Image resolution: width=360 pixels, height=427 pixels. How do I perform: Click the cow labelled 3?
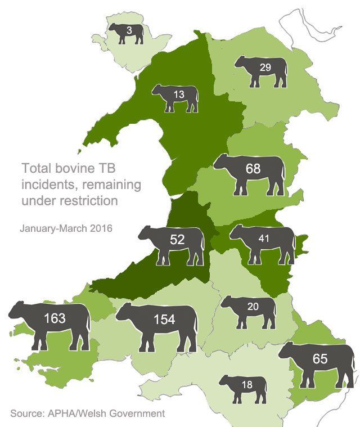click(127, 34)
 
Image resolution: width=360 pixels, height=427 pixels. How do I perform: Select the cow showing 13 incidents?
click(177, 97)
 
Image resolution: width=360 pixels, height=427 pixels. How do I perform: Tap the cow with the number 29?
click(262, 70)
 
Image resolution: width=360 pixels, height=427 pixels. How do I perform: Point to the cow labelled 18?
click(245, 387)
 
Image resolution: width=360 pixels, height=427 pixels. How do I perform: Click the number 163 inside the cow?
click(54, 318)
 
